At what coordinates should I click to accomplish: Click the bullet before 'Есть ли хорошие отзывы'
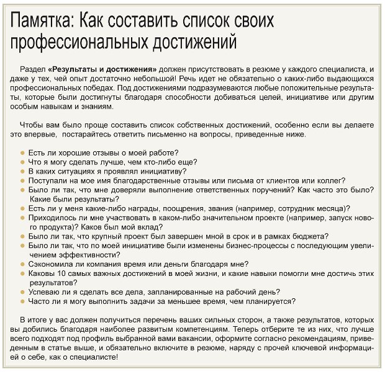coord(23,153)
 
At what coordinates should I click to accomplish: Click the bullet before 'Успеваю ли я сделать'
coord(23,291)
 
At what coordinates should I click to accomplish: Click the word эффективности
coord(84,255)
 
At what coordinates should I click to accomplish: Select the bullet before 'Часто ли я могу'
coord(23,301)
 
